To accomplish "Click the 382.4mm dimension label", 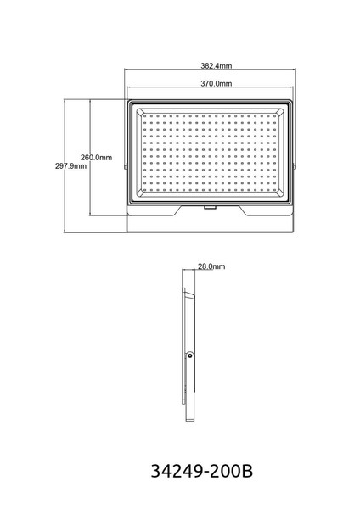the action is tap(216, 66).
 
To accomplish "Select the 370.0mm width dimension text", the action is tap(216, 83).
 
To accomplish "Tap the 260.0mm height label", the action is tap(96, 158).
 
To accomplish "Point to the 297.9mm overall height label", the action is tap(70, 166).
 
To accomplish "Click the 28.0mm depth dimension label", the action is tap(211, 266).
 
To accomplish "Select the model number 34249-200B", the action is tap(202, 471).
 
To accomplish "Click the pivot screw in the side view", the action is tap(190, 356).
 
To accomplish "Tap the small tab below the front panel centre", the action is tap(211, 207).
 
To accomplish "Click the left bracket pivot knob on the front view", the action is tap(126, 166).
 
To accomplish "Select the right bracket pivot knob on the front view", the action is tap(295, 166).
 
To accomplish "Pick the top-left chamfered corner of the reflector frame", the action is tap(140, 111).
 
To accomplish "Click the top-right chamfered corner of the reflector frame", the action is tap(279, 111).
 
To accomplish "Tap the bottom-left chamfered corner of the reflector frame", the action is tap(140, 193).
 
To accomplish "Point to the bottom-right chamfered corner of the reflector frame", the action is tap(279, 193).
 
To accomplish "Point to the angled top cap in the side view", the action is tap(189, 295).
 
